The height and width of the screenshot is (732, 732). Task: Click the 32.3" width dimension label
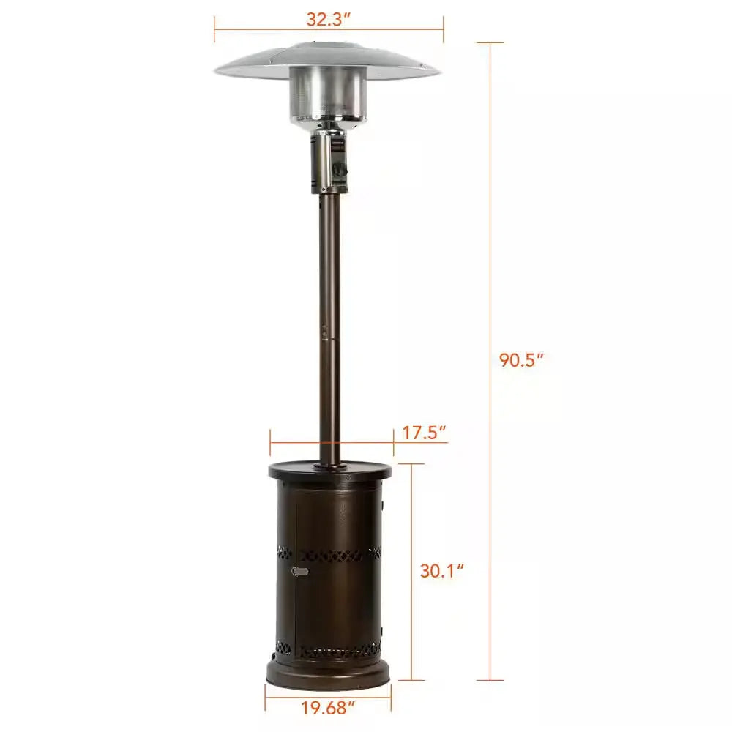click(x=329, y=19)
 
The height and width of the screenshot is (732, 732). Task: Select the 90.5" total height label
click(x=522, y=360)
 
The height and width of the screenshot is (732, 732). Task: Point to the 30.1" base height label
click(x=443, y=570)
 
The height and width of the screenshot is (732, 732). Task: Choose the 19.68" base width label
click(x=328, y=709)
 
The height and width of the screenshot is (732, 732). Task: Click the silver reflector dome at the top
click(x=328, y=60)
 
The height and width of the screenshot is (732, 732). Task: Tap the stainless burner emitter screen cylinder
click(x=326, y=95)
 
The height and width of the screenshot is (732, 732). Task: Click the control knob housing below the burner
click(x=329, y=161)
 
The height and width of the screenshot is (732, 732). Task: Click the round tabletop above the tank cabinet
click(x=329, y=471)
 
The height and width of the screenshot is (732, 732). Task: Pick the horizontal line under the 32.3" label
click(x=329, y=30)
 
